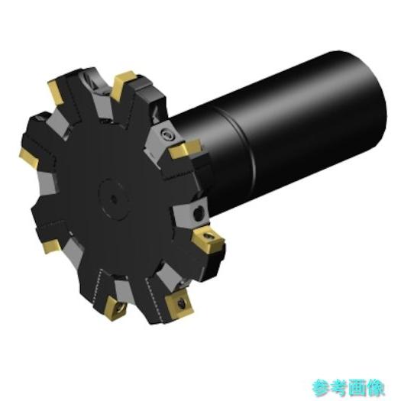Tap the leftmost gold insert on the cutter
point(29,158)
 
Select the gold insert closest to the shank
point(185,149)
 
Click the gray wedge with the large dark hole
point(190,213)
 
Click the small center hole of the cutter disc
point(113,199)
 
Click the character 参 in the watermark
point(321,388)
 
